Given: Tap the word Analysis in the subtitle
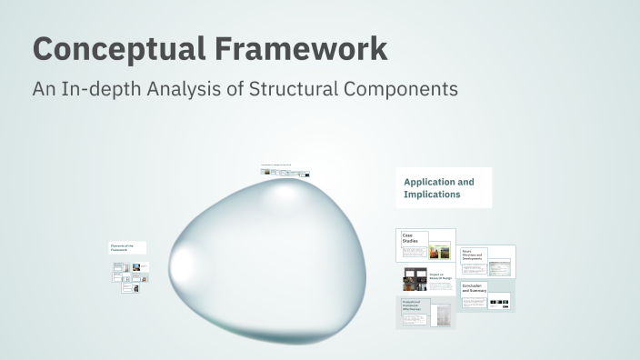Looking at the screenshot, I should [168, 89].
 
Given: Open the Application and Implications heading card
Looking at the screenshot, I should [443, 187].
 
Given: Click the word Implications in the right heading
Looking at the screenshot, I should [432, 194].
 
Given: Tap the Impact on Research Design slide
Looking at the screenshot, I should [427, 279].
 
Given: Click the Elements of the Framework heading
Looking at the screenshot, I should [126, 246].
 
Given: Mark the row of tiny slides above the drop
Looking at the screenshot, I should [285, 171].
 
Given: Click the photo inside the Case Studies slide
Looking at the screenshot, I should [440, 250].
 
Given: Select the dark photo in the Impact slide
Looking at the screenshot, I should [410, 279].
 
